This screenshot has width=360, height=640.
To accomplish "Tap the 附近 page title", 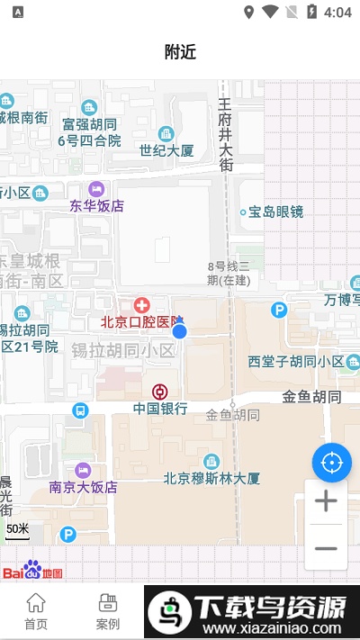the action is (x=180, y=51).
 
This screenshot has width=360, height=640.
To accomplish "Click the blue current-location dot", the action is (x=179, y=330).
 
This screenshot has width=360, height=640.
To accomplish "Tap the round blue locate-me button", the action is (x=331, y=463).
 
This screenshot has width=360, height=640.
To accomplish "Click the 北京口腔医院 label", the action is (x=141, y=321).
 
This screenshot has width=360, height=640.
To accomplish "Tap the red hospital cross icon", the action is (x=141, y=305).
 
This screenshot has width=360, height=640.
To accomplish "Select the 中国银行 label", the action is (x=160, y=408).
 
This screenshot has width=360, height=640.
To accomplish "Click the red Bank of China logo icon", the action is (x=159, y=392).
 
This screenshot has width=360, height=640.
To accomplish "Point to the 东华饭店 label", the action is (x=96, y=205).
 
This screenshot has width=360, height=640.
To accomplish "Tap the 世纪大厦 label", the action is (x=166, y=150).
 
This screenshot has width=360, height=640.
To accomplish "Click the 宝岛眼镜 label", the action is (x=275, y=212).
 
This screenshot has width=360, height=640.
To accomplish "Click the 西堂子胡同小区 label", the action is (x=296, y=362).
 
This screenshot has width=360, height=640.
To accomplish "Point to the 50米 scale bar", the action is (x=18, y=531).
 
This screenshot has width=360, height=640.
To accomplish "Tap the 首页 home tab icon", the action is (x=36, y=603).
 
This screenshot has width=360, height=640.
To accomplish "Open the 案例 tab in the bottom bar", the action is (x=108, y=610).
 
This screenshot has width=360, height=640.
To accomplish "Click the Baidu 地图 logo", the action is (x=32, y=571).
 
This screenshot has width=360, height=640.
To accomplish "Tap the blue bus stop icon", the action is (x=80, y=410).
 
